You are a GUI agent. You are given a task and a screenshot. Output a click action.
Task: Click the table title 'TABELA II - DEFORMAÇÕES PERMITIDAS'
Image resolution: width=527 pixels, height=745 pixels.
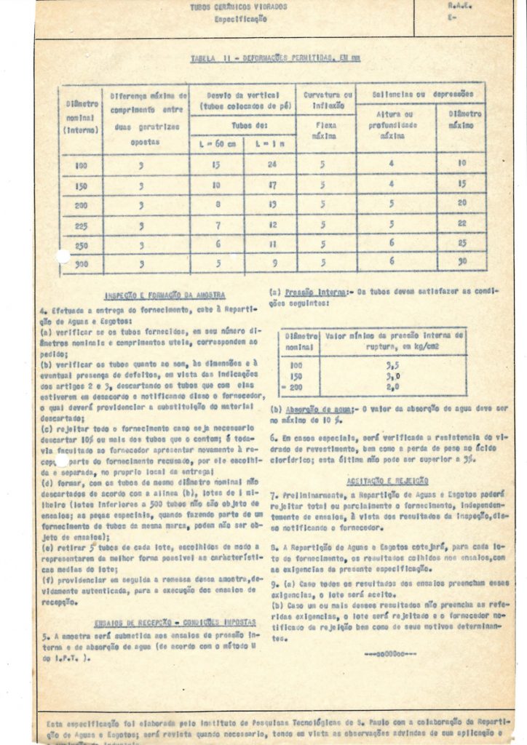click(274, 58)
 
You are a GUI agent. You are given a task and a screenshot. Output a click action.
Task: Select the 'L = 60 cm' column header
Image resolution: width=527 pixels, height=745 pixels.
click(216, 145)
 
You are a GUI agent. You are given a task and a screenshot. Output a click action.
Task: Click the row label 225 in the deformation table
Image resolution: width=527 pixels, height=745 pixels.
click(81, 226)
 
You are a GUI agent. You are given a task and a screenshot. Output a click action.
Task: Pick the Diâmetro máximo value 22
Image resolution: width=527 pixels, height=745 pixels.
click(461, 223)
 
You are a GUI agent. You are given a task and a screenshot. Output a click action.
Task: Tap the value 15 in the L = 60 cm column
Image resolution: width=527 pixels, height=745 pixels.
click(216, 164)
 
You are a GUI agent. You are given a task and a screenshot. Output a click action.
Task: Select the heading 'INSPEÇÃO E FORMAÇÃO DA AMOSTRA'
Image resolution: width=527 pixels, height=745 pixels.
click(165, 296)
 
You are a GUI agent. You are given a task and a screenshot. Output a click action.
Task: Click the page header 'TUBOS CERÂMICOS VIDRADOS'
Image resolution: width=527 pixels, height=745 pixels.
click(238, 7)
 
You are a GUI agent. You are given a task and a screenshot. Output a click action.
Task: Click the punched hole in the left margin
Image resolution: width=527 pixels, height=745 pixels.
click(63, 256)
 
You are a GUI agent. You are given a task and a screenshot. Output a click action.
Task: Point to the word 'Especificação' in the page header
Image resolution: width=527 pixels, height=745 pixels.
click(239, 19)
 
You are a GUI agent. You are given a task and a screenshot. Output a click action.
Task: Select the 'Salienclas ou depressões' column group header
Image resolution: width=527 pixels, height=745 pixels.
click(422, 94)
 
